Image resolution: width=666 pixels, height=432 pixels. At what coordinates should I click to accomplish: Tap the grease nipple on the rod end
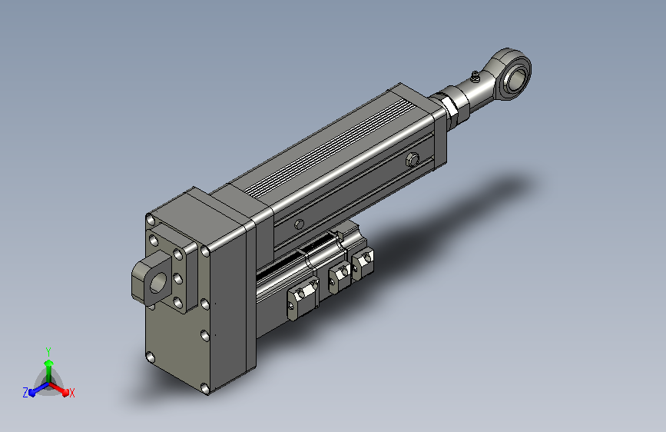(475, 77)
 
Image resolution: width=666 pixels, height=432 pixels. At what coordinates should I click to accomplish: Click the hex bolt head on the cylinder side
(412, 160)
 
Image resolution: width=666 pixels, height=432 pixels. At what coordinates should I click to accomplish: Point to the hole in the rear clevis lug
(158, 283)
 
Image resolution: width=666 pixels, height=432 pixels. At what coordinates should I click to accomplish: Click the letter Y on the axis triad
(48, 352)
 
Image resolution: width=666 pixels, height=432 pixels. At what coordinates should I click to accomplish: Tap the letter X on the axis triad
(71, 393)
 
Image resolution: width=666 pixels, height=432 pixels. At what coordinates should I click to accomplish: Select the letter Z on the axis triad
(25, 393)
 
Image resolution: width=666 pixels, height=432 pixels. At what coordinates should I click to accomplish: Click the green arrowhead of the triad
(49, 364)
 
